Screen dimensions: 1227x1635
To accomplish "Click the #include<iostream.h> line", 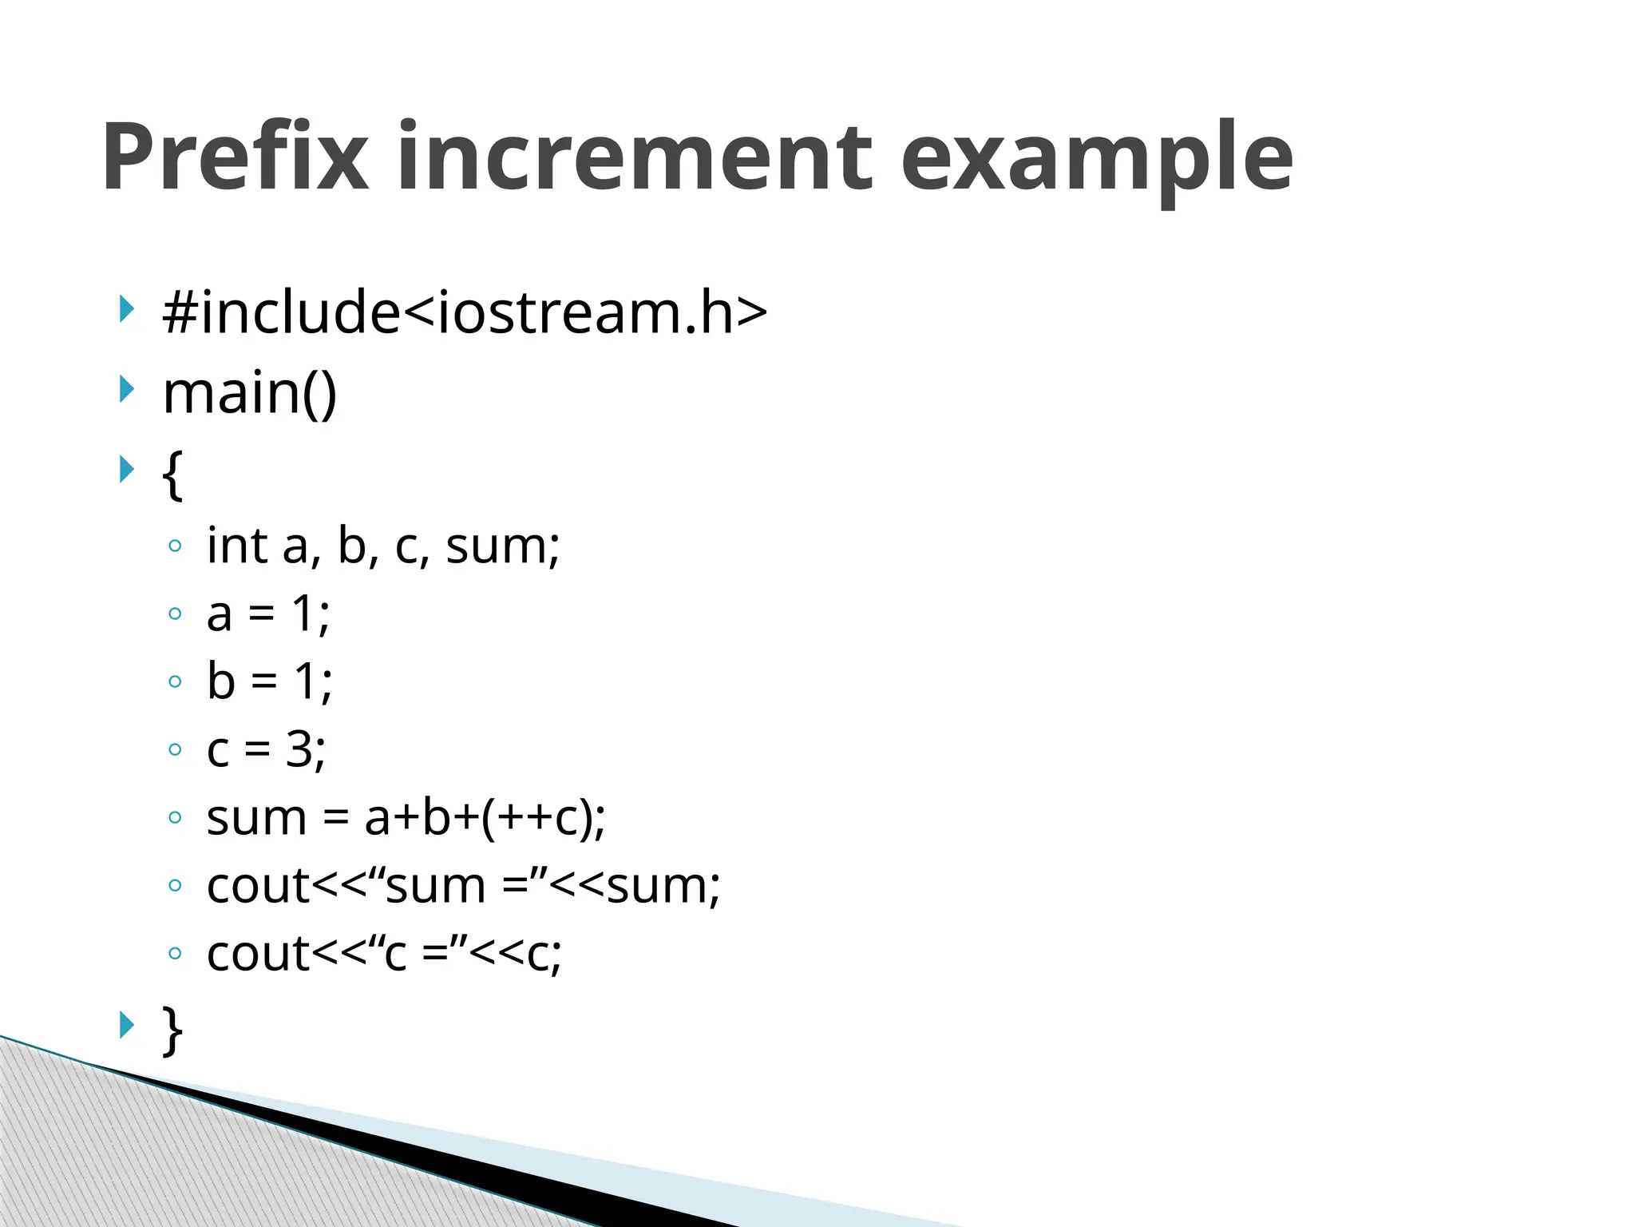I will tap(464, 312).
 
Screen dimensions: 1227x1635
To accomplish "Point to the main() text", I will tap(250, 393).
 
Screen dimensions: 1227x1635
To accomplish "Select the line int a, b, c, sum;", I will tap(383, 546).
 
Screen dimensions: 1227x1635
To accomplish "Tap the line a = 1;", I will tap(268, 614).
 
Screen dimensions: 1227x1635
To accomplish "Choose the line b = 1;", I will tap(270, 681).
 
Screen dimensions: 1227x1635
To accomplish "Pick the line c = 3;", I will tap(266, 749).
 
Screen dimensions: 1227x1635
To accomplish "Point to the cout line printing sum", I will tap(463, 886).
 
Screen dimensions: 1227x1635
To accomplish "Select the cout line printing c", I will tap(384, 954).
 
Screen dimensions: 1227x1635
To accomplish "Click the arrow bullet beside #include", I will tap(126, 308).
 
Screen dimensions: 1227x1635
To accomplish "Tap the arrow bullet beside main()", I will tap(126, 390).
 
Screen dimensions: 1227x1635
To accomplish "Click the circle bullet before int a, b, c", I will tap(175, 546).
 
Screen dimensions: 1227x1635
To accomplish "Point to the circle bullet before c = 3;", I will tap(175, 749).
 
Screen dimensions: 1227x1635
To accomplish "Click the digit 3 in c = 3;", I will tap(299, 749).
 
